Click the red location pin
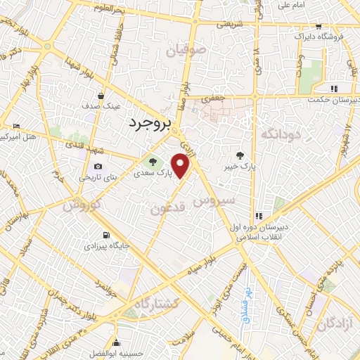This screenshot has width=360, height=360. point(182,165)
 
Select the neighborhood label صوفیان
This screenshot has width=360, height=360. point(186,51)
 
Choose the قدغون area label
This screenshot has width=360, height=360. point(169,208)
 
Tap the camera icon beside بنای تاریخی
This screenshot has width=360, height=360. point(98,167)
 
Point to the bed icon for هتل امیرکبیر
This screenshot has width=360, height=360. point(17,127)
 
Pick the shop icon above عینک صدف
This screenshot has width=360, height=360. point(103,96)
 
